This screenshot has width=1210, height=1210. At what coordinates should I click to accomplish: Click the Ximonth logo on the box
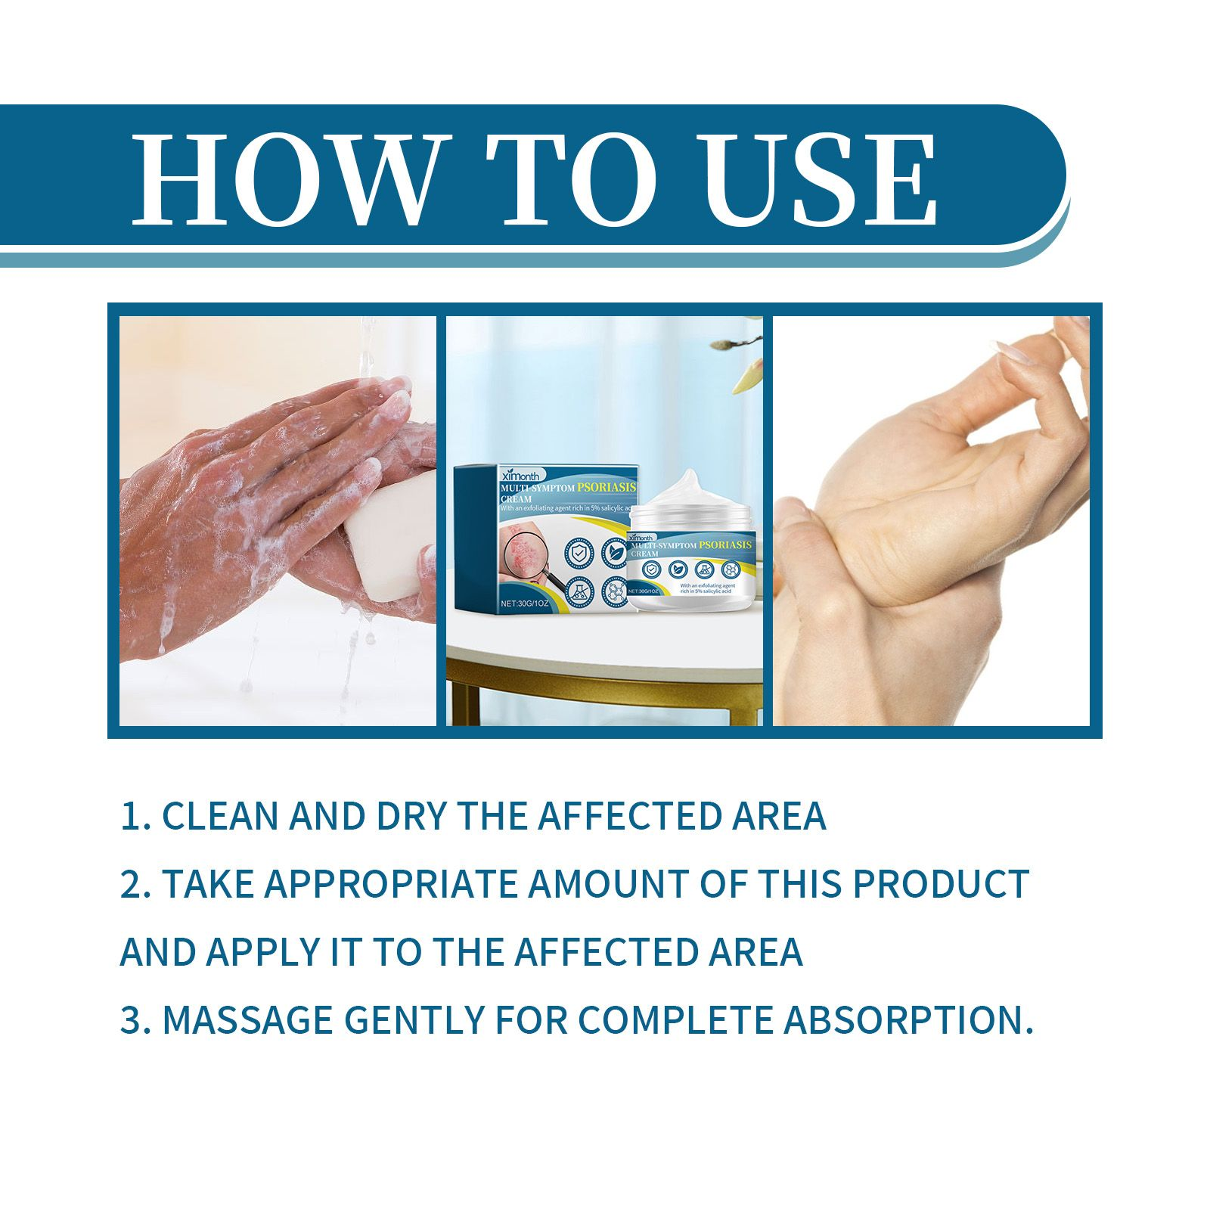click(x=520, y=475)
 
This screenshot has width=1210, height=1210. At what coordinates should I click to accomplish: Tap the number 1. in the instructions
click(x=136, y=817)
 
